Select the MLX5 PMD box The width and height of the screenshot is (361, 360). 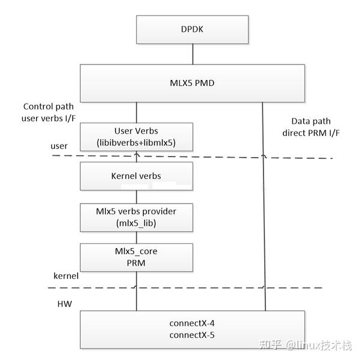(193, 83)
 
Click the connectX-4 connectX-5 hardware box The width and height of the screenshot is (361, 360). (193, 329)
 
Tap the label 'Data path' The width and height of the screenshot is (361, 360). (310, 120)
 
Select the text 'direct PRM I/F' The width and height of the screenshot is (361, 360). (310, 131)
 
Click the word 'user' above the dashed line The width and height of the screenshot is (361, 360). (60, 146)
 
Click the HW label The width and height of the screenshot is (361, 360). (64, 304)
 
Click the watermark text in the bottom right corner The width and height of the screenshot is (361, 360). (304, 346)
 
